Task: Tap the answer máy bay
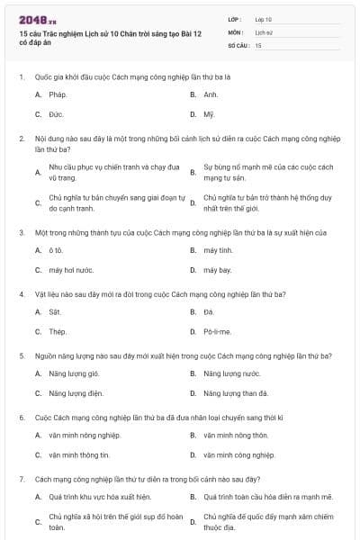pyautogui.click(x=217, y=269)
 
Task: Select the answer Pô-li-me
pyautogui.click(x=217, y=331)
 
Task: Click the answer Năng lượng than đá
pyautogui.click(x=236, y=393)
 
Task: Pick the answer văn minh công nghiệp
pyautogui.click(x=238, y=454)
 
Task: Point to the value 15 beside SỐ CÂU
pyautogui.click(x=258, y=44)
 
